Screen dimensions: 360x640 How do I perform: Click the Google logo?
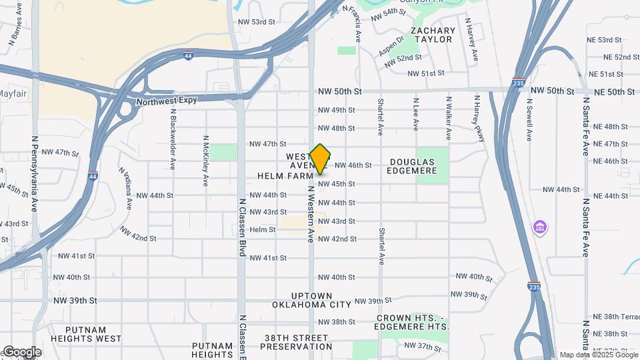(22, 351)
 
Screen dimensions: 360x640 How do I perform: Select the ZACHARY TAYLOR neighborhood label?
(433, 35)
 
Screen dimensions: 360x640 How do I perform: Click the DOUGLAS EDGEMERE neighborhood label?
(413, 166)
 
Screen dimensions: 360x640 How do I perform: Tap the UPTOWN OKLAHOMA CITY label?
(311, 300)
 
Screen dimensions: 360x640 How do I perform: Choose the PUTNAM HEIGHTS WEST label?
(94, 334)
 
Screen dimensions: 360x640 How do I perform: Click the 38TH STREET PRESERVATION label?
(296, 342)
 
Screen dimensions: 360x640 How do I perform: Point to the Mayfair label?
(12, 93)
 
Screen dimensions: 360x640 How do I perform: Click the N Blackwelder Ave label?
(173, 139)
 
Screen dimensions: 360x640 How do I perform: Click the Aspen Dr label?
(391, 45)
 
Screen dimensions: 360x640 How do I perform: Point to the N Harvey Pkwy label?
(478, 118)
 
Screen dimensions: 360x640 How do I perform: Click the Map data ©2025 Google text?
(599, 355)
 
